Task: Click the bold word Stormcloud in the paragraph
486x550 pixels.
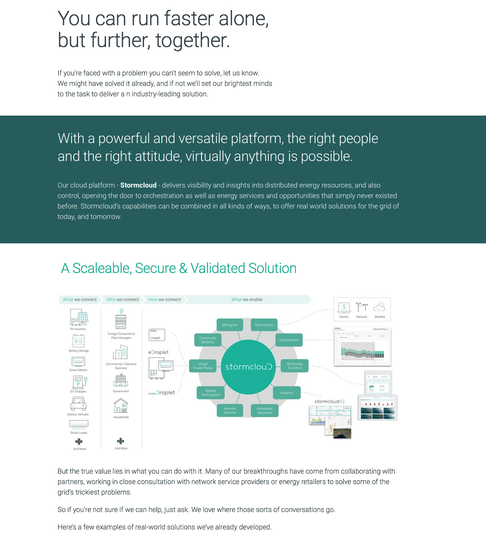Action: click(138, 185)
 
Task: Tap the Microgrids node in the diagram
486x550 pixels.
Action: click(229, 325)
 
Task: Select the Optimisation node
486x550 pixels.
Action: click(264, 325)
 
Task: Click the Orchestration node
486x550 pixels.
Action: click(289, 340)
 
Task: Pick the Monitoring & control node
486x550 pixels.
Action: click(294, 366)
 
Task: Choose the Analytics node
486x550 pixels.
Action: click(287, 393)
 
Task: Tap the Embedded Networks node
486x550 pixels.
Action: click(264, 411)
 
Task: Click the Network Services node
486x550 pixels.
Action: click(230, 411)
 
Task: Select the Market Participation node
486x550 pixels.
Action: click(210, 393)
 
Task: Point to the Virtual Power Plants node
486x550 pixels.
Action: click(202, 366)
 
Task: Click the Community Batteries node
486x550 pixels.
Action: click(208, 340)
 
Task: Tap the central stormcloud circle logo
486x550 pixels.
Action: click(248, 367)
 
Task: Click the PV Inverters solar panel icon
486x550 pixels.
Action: click(79, 318)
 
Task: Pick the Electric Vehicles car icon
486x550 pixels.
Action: click(79, 404)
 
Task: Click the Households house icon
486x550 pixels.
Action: click(121, 407)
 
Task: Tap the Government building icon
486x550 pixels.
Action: click(121, 381)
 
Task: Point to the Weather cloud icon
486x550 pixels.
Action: click(380, 307)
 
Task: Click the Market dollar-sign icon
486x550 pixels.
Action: click(344, 307)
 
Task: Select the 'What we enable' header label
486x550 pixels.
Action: click(247, 300)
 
